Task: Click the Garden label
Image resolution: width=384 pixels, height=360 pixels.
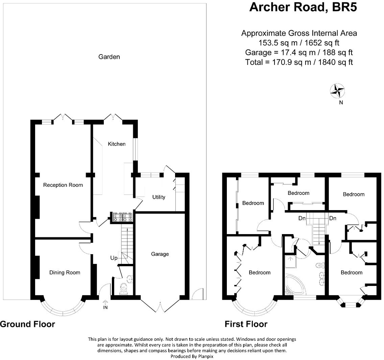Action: point(109,57)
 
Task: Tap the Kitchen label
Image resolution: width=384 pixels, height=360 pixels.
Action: point(117,144)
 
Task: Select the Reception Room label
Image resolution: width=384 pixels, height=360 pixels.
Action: point(63,185)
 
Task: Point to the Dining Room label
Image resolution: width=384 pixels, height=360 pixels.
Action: point(65,273)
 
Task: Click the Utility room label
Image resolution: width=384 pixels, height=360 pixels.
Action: point(159,197)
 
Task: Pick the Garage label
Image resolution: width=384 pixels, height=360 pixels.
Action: point(160,254)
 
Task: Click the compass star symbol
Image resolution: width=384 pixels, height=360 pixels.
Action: point(337,90)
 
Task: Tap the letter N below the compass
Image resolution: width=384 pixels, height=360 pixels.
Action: point(341,103)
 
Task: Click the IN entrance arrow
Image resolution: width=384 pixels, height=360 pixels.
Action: point(105,303)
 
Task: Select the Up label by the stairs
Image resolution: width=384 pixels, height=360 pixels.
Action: point(114,258)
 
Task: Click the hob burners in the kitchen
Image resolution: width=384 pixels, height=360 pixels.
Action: point(122,217)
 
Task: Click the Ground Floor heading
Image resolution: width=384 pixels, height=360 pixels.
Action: point(27,324)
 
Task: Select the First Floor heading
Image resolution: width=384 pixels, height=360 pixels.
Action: point(246,324)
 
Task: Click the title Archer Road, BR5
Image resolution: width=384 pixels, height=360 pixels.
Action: point(303,7)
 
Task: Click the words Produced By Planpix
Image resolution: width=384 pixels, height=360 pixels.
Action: point(192,356)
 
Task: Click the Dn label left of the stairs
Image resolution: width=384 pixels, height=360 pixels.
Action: point(302,219)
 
